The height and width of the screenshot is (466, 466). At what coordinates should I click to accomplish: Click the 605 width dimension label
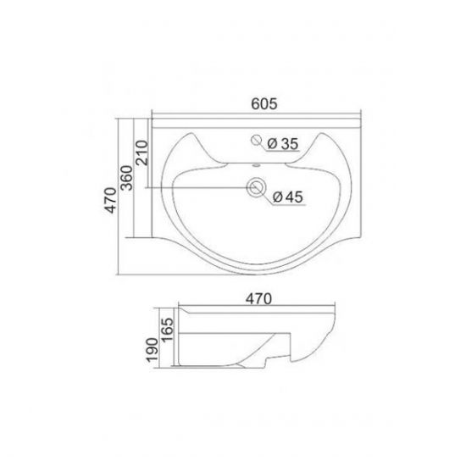tap(264, 103)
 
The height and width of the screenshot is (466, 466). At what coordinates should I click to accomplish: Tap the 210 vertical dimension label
tap(141, 153)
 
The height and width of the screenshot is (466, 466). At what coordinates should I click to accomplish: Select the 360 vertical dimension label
tap(127, 178)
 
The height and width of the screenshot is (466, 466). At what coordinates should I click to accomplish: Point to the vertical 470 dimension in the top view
tap(111, 200)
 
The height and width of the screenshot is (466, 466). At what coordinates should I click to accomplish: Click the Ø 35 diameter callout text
tap(283, 144)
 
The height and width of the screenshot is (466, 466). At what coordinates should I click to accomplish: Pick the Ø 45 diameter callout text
tap(288, 197)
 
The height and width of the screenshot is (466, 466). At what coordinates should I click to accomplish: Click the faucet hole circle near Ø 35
tap(256, 140)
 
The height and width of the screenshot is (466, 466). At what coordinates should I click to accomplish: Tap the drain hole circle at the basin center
tap(256, 187)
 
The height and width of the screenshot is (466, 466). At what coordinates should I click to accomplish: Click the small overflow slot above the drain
tap(256, 165)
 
